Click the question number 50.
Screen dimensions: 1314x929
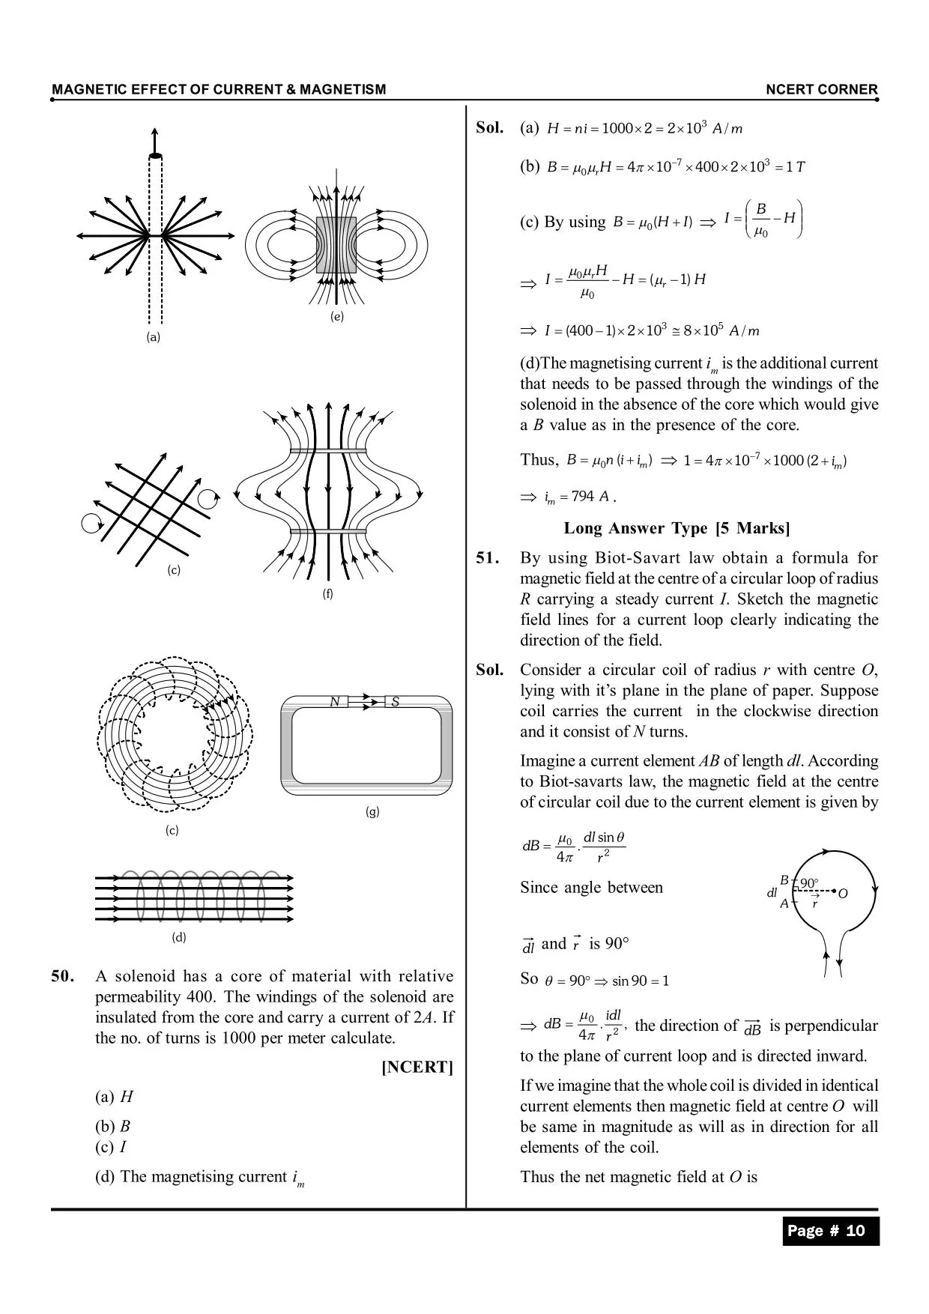[63, 976]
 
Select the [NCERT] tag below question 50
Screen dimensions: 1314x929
[417, 1068]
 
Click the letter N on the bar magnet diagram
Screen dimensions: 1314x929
[336, 702]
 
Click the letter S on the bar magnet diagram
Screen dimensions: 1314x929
[395, 702]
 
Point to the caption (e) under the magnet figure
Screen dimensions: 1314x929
[337, 317]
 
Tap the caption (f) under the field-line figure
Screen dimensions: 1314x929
[327, 594]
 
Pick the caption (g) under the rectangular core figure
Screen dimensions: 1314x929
[372, 811]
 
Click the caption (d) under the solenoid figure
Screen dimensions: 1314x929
[179, 937]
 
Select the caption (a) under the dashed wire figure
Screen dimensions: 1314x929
[154, 337]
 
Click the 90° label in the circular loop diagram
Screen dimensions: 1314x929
[809, 884]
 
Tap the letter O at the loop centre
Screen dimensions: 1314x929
[843, 894]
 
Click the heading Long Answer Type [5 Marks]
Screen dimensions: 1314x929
[677, 528]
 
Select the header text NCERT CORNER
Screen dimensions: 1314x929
[821, 90]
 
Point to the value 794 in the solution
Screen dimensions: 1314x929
[583, 497]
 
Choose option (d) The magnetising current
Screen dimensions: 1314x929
[199, 1177]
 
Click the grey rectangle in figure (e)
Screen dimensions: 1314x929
[336, 245]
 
